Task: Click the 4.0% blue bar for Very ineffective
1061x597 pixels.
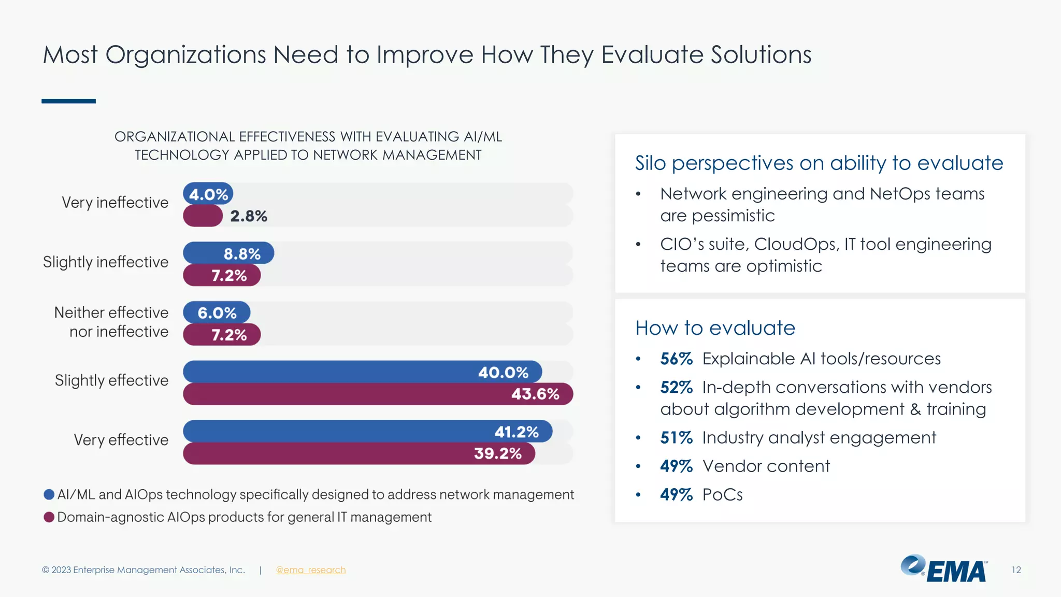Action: pyautogui.click(x=208, y=194)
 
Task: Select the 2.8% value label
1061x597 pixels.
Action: pyautogui.click(x=249, y=216)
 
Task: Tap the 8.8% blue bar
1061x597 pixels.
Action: pyautogui.click(x=228, y=253)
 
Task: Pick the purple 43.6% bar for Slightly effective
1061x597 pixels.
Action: pyautogui.click(x=378, y=394)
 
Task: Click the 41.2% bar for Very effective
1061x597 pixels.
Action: pyautogui.click(x=367, y=431)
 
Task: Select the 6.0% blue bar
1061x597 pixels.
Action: pyautogui.click(x=217, y=312)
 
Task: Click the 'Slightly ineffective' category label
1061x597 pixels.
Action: pyautogui.click(x=106, y=262)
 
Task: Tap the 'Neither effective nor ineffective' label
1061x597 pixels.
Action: pyautogui.click(x=111, y=322)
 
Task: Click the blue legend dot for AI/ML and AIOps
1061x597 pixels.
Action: pyautogui.click(x=49, y=494)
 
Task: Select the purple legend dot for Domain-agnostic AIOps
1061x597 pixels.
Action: pyautogui.click(x=49, y=517)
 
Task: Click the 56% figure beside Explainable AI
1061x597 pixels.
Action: pyautogui.click(x=676, y=359)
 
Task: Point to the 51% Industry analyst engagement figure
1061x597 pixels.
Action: pyautogui.click(x=676, y=438)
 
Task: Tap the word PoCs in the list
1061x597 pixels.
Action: pyautogui.click(x=722, y=495)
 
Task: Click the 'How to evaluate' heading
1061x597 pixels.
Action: pyautogui.click(x=715, y=328)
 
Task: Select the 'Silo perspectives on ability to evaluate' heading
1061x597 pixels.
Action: pyautogui.click(x=819, y=163)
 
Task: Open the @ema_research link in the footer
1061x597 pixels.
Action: pyautogui.click(x=310, y=570)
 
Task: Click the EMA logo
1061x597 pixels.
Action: pyautogui.click(x=944, y=569)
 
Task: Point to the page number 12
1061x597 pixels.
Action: pyautogui.click(x=1016, y=570)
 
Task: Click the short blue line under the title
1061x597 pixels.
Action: pyautogui.click(x=68, y=101)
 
